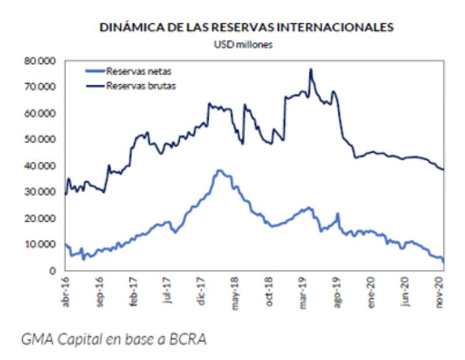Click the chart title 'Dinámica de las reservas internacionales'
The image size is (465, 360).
[x=246, y=27]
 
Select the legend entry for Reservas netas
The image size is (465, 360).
[x=138, y=72]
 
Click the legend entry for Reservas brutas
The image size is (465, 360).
[x=140, y=86]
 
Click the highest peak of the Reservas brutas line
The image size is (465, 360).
[x=311, y=69]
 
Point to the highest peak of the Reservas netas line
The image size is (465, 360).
[x=219, y=170]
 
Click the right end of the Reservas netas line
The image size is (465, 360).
[x=444, y=262]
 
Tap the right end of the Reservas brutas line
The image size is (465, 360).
[x=444, y=170]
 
